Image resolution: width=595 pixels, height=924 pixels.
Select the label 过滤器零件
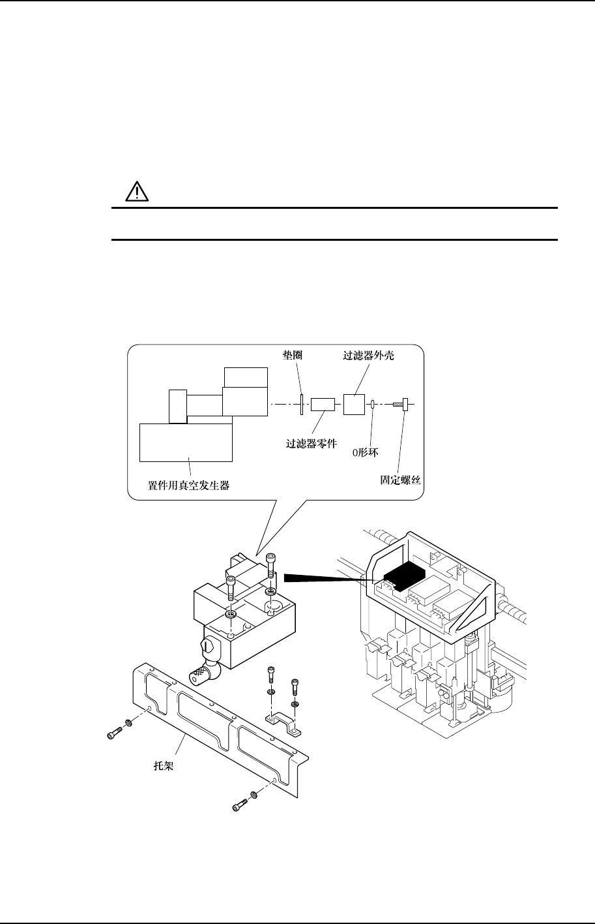click(312, 442)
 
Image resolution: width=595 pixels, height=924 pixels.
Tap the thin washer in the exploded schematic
click(302, 404)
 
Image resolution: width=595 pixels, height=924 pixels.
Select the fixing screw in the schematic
click(400, 405)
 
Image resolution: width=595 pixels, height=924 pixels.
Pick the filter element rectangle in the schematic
click(323, 405)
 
